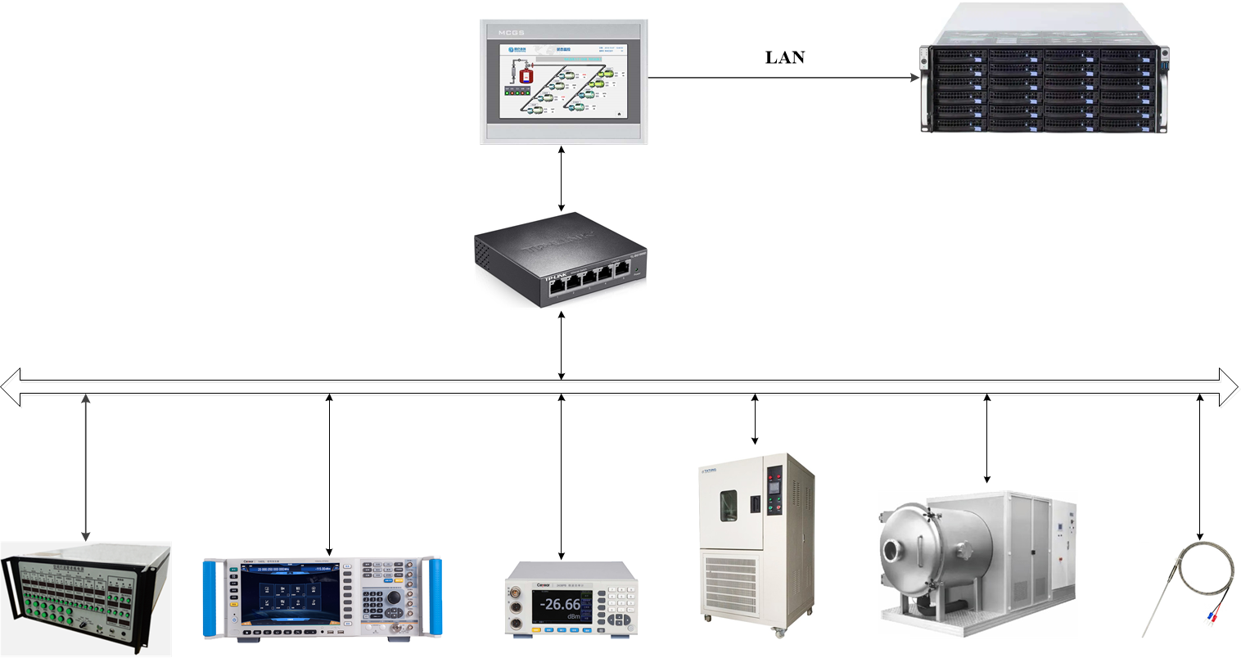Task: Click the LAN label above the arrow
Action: tap(784, 57)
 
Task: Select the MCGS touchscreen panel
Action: tap(564, 82)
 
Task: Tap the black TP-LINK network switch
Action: tap(560, 259)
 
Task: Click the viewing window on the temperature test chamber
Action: tap(728, 505)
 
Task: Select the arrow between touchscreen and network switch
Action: tap(561, 179)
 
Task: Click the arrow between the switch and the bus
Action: tap(561, 345)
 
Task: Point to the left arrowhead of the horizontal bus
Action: tap(10, 387)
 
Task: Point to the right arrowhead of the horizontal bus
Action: tap(1230, 387)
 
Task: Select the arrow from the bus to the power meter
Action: tap(561, 475)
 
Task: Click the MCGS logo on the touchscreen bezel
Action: tap(510, 33)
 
